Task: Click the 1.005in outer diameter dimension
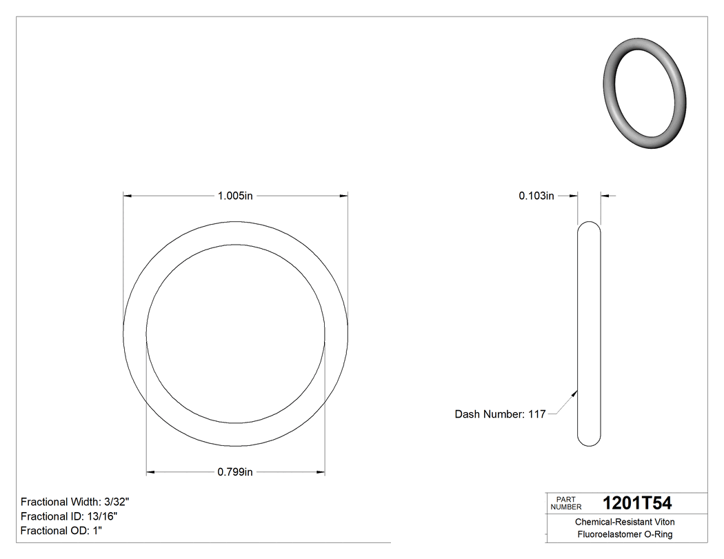tap(235, 196)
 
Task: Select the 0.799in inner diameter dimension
tap(235, 472)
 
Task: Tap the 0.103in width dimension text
tap(536, 196)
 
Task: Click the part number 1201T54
tap(636, 503)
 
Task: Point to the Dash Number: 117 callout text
tap(500, 414)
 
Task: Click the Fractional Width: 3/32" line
tap(75, 502)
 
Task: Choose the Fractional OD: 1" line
tap(61, 531)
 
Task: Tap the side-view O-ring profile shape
tap(589, 333)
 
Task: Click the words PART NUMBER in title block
tap(566, 503)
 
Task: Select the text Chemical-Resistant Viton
tap(625, 522)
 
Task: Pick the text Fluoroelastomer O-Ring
tap(625, 535)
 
